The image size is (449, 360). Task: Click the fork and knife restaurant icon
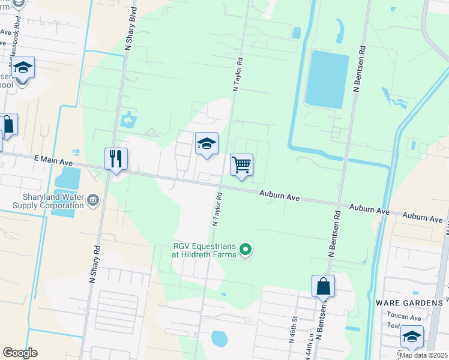116,159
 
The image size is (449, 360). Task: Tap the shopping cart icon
241,164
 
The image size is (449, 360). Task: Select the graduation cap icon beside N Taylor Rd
206,144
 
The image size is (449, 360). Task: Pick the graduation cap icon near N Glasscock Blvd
23,68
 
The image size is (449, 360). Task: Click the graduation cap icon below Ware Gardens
412,337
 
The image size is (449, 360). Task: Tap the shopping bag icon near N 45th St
323,286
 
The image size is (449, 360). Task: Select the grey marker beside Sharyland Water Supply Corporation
92,199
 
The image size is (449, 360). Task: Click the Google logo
20,353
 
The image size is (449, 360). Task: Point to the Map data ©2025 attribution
423,355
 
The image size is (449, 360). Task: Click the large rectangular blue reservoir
327,79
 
